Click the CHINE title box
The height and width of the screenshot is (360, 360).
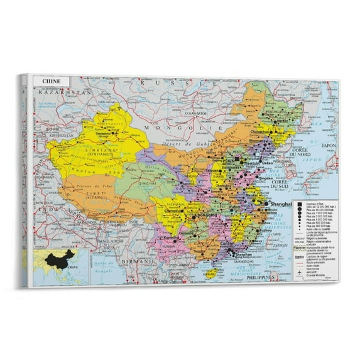point(52,81)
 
